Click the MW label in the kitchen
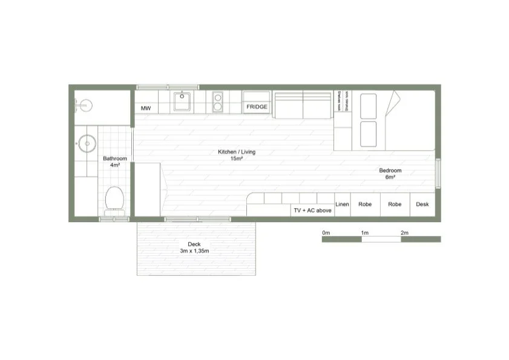[145, 108]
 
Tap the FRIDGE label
[257, 107]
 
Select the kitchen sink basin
[182, 102]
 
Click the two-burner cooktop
[218, 102]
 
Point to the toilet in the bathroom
[114, 199]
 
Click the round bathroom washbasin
[87, 144]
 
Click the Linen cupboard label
[342, 205]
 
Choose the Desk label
[422, 205]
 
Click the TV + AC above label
[312, 211]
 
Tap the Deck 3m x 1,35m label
[194, 247]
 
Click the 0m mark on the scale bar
[326, 232]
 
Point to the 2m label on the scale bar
[404, 232]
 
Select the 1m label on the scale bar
[364, 232]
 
